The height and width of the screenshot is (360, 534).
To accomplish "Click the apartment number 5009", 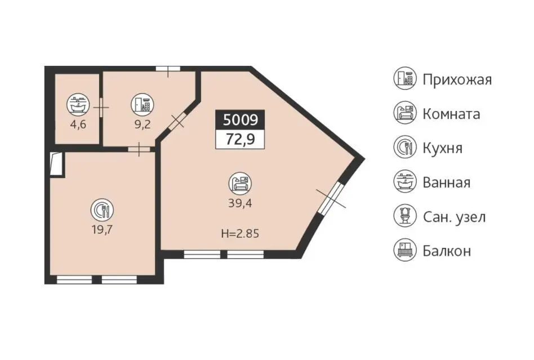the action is [x=241, y=120].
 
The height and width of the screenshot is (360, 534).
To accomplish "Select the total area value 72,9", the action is [x=241, y=139].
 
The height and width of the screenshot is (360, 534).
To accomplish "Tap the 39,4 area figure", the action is [x=240, y=203].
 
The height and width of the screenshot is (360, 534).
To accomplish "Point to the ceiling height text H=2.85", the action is [x=240, y=234].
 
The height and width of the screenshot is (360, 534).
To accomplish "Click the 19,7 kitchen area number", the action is [x=102, y=229].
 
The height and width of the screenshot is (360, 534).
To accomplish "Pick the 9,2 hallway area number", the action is [x=143, y=125].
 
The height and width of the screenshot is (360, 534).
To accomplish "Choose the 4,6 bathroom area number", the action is [x=78, y=125].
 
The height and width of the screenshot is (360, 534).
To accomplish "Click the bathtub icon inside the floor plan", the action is [x=78, y=104].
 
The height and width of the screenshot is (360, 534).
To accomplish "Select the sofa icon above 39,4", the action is [x=240, y=184].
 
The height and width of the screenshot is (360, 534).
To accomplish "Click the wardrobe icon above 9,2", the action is [x=143, y=104].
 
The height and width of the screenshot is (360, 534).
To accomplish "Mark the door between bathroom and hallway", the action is [x=101, y=108].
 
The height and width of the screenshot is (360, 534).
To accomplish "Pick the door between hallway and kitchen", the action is [x=139, y=149].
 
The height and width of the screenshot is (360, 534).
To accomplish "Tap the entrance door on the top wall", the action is [x=168, y=69].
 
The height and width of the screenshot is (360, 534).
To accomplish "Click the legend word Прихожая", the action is [x=457, y=79].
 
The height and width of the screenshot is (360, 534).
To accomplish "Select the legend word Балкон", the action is [x=447, y=251].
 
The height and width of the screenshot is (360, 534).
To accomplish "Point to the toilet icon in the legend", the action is [x=405, y=216].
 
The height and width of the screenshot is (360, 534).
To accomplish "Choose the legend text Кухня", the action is [x=442, y=148].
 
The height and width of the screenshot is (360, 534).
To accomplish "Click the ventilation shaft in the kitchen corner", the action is [x=57, y=164].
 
